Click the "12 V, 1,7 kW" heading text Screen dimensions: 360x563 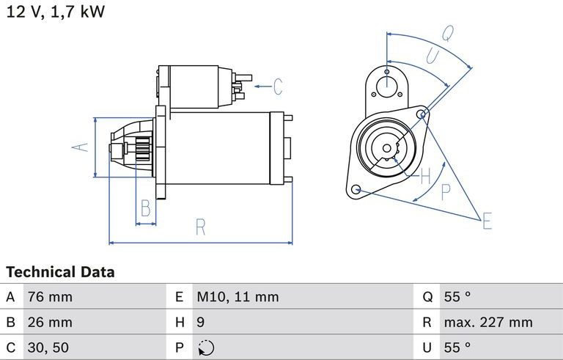tap(55, 13)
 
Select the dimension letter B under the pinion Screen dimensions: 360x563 tap(145, 208)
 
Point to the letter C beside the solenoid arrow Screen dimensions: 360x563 tap(277, 87)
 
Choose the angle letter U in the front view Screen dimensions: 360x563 tap(432, 56)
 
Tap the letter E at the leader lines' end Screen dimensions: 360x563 tap(487, 221)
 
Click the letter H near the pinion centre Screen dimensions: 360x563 tap(426, 175)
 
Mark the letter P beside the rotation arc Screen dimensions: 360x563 tap(445, 193)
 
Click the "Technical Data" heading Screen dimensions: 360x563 tap(60, 272)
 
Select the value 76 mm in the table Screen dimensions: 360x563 tap(50, 297)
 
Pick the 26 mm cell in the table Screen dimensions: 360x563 tap(50, 322)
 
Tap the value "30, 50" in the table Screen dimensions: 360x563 tap(49, 347)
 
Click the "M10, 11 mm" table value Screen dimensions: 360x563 tap(238, 297)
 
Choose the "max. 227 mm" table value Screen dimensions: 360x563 tap(488, 322)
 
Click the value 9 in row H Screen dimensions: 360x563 tap(200, 322)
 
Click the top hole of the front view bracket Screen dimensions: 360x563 tap(386, 73)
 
